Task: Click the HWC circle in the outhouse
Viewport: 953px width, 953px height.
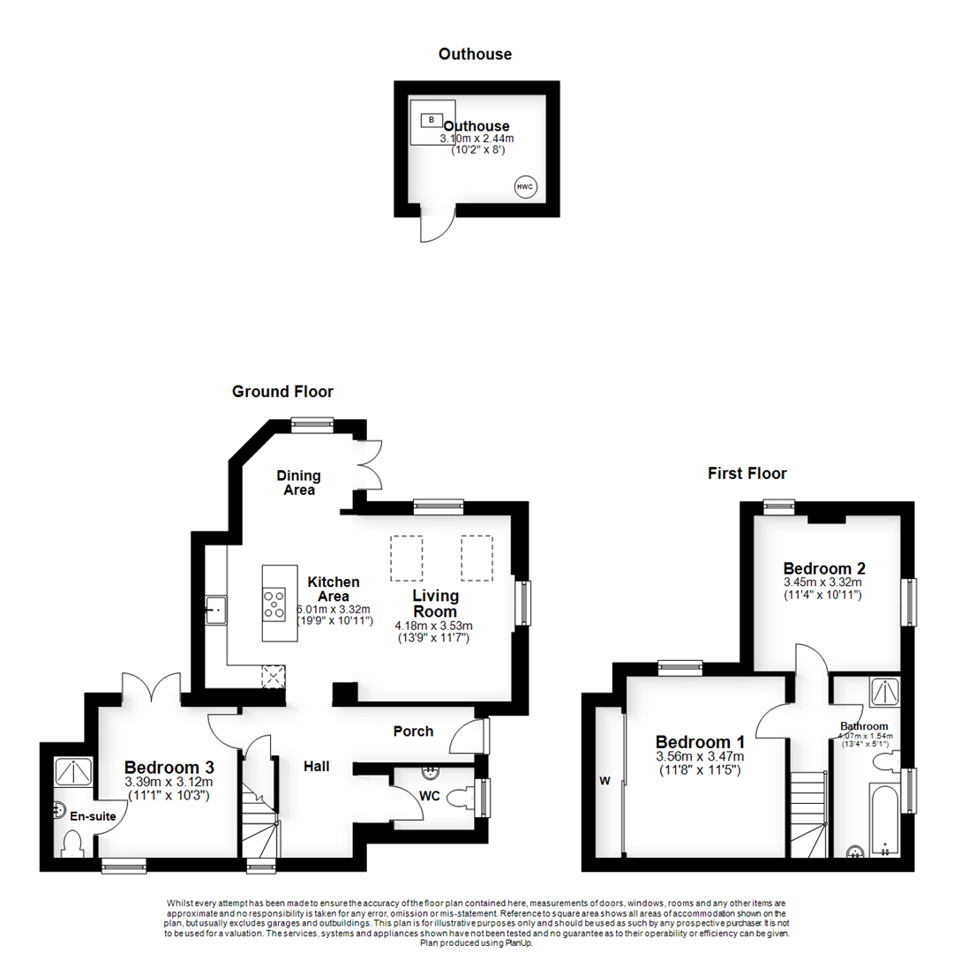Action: (526, 187)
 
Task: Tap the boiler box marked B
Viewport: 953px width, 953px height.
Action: (432, 120)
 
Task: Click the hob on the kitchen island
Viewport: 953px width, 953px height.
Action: (274, 604)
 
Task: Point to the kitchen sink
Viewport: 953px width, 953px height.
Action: (216, 610)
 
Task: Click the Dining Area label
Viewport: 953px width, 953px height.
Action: (299, 483)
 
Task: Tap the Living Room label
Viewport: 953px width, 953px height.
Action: (435, 604)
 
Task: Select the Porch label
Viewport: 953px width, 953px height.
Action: (413, 731)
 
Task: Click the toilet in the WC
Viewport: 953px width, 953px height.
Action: (461, 799)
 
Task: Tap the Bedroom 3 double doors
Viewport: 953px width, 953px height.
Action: (153, 687)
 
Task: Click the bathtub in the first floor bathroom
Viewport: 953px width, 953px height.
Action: (884, 817)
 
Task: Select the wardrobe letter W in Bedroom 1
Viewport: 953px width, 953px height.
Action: (605, 780)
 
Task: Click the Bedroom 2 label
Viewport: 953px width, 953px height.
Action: (823, 567)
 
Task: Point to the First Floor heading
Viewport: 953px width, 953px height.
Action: (747, 474)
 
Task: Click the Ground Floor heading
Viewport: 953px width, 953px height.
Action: (282, 391)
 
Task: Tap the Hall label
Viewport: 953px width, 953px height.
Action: (316, 766)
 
